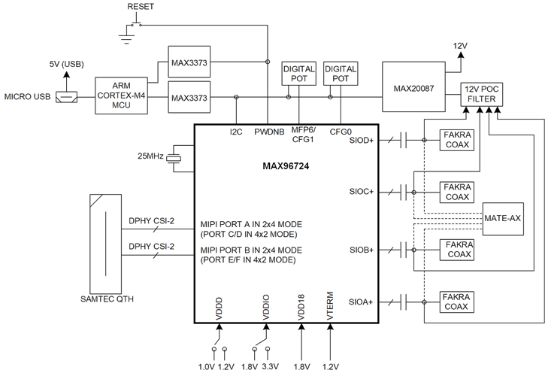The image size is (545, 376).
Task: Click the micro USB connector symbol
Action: [x=65, y=97]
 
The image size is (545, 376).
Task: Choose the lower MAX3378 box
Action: [x=188, y=98]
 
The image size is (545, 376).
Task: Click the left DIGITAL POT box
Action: [x=297, y=72]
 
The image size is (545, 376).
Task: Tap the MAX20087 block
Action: [x=413, y=89]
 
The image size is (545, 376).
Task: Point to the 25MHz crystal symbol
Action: [x=174, y=158]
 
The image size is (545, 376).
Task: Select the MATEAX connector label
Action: [x=503, y=218]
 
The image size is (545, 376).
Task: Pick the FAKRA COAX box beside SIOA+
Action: [x=456, y=302]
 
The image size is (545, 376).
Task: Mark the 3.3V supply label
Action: [x=272, y=366]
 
